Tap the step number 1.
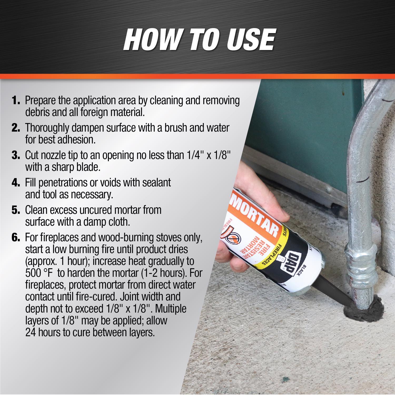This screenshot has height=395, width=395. [x=16, y=100]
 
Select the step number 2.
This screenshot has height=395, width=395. [x=16, y=128]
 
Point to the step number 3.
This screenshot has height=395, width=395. [x=16, y=155]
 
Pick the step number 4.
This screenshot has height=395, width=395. [x=16, y=182]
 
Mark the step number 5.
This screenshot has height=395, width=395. [x=16, y=210]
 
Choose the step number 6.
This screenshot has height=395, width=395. [x=16, y=238]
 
